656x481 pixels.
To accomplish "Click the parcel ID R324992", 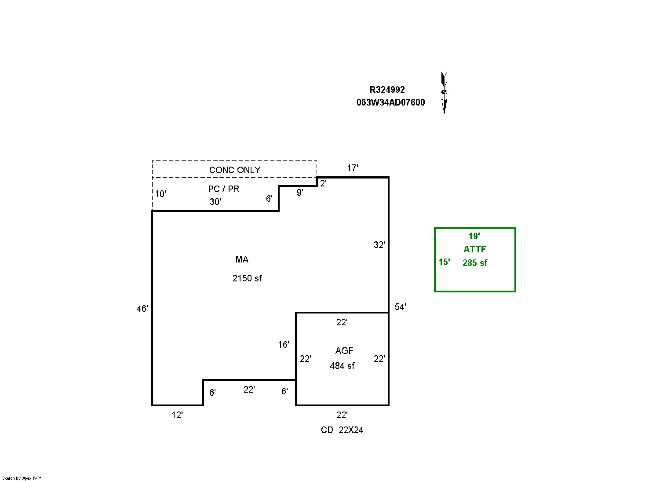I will click(x=387, y=90).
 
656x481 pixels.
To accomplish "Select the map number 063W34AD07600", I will click(x=390, y=102).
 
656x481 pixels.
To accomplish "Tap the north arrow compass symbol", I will click(x=444, y=92).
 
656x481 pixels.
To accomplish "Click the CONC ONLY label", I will click(x=235, y=170).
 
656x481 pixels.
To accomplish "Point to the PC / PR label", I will click(x=223, y=189).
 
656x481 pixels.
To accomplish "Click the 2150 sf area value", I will click(x=247, y=278).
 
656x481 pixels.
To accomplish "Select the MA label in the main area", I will click(x=242, y=259).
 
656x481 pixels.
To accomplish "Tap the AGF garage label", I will click(x=344, y=351).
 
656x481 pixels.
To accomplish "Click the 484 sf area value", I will click(x=342, y=366).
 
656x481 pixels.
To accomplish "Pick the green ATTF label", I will click(x=474, y=249).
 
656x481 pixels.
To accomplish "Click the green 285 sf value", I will click(x=475, y=263).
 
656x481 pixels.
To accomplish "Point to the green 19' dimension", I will click(x=474, y=236).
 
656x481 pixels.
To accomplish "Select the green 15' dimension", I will click(x=444, y=262).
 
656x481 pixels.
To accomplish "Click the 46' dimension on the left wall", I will click(x=142, y=309).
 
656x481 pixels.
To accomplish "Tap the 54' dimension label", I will click(x=400, y=307).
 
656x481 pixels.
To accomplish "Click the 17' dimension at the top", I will click(x=352, y=168).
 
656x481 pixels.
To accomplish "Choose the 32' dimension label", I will click(x=379, y=245).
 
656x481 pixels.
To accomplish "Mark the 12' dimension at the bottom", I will click(x=177, y=415).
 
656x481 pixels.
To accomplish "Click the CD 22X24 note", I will click(x=342, y=430).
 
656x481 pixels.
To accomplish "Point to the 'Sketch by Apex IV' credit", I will click(x=22, y=478).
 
